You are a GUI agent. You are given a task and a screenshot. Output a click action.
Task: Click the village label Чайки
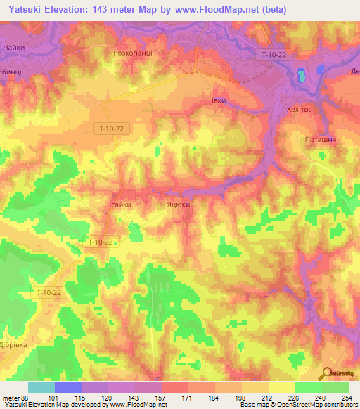(x=13, y=46)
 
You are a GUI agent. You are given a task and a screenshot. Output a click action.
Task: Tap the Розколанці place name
(x=133, y=53)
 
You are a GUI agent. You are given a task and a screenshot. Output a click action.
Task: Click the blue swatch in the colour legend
(x=67, y=387)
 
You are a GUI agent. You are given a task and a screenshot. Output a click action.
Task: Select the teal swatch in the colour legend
(x=41, y=387)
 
